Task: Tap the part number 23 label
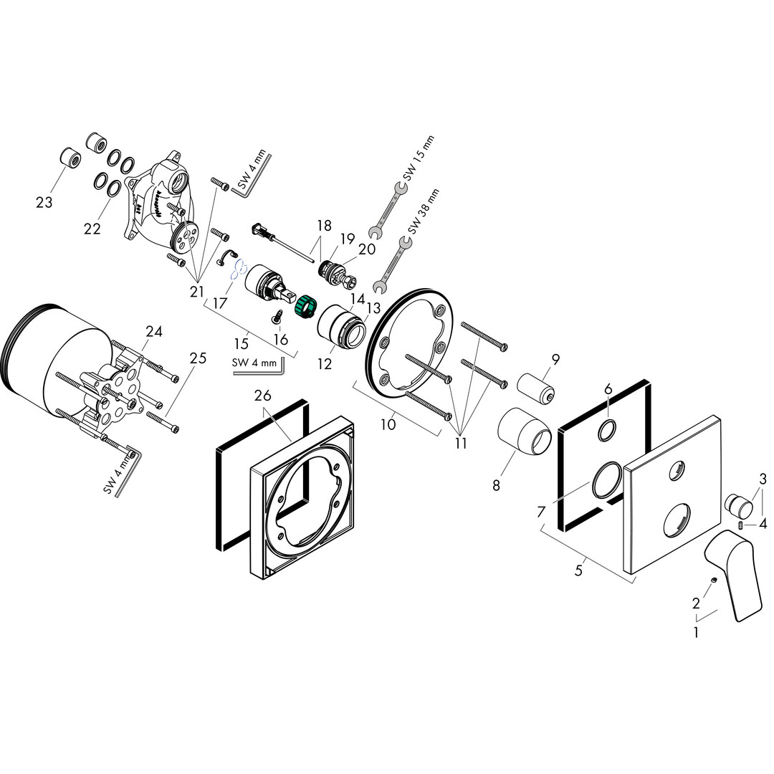[44, 202]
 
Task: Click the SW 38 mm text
[423, 211]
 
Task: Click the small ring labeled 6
[607, 430]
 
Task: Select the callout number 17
[220, 302]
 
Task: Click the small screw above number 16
[277, 317]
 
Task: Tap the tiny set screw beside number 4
[740, 525]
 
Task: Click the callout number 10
[388, 424]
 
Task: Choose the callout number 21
[197, 292]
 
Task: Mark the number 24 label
[154, 330]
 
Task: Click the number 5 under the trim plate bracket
[578, 570]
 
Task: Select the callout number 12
[325, 364]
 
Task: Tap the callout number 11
[461, 444]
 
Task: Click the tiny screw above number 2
[714, 580]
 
